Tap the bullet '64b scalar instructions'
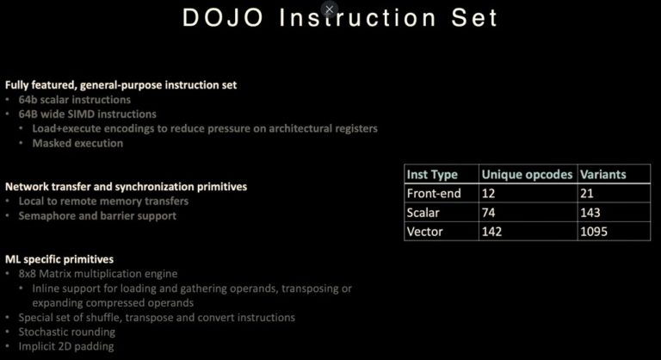pos(74,99)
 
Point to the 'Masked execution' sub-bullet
pos(77,143)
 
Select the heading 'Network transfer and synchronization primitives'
pos(126,186)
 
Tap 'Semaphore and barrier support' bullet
pos(97,215)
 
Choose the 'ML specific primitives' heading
pos(59,258)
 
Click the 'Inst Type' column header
pos(432,174)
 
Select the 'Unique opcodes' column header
pos(526,174)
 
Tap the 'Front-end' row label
pos(435,193)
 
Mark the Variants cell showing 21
pos(588,193)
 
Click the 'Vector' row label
pos(425,231)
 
